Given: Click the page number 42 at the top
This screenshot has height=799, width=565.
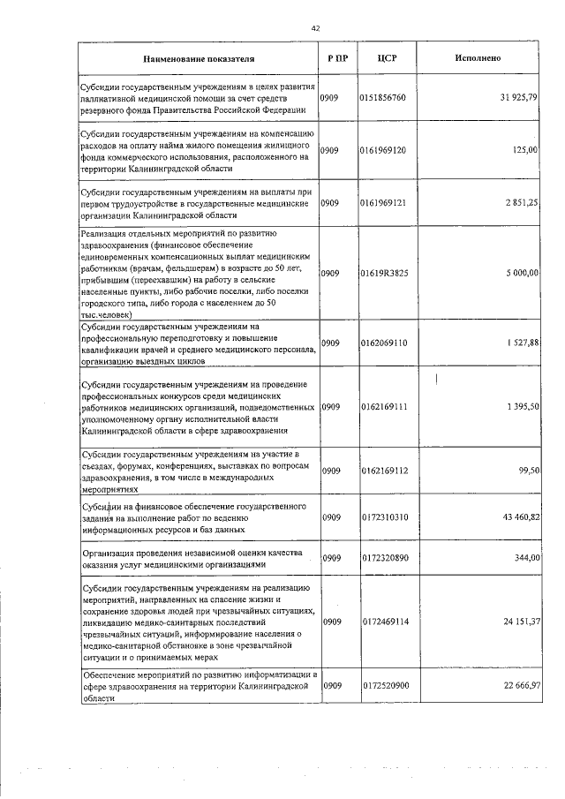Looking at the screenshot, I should click(x=315, y=28).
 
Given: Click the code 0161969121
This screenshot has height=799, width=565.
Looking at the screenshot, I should click(x=383, y=203).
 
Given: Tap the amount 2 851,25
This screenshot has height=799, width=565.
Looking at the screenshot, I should click(x=522, y=203).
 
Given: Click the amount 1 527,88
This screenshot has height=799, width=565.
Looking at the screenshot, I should click(x=522, y=343).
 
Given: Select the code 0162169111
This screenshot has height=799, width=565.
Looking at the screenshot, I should click(x=383, y=406).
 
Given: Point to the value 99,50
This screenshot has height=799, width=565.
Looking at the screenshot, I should click(x=527, y=471).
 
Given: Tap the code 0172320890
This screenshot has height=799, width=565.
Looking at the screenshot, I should click(x=383, y=558).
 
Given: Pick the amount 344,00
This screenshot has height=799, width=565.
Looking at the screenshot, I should click(x=525, y=558).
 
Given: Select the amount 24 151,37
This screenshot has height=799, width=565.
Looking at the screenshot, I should click(x=519, y=622).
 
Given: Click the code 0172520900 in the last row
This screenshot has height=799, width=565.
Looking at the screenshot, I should click(x=383, y=685).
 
